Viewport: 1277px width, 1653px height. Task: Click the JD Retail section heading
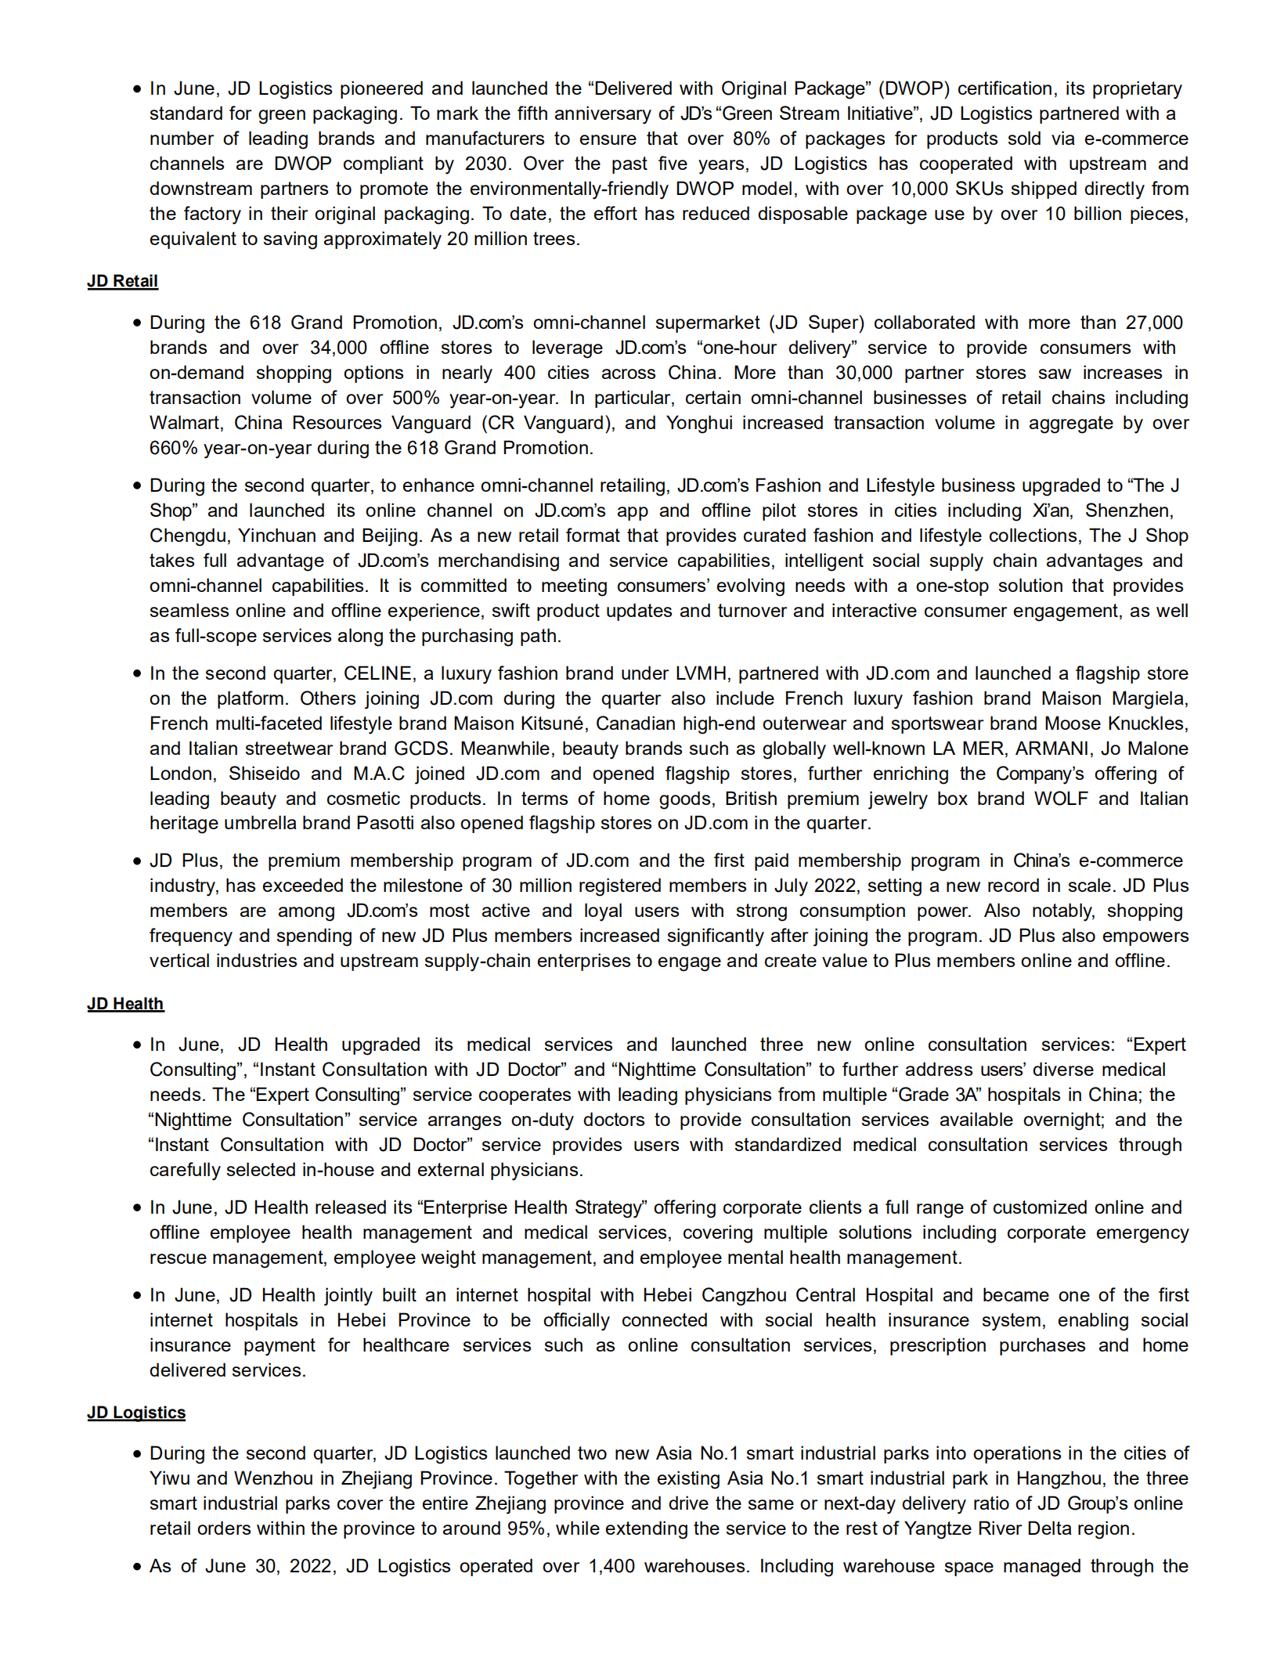[x=122, y=281]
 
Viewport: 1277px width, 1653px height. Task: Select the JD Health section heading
[x=125, y=1004]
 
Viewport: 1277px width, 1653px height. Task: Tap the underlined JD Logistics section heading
[x=136, y=1413]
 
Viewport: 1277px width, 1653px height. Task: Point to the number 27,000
[x=1154, y=323]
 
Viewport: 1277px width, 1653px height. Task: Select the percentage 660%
[x=174, y=448]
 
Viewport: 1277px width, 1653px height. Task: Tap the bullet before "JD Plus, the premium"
[x=137, y=861]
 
